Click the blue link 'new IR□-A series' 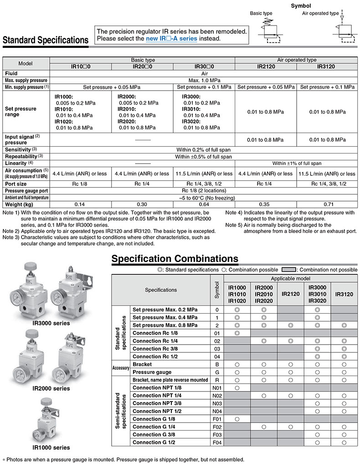click(171, 39)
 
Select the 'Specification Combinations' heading click(175, 259)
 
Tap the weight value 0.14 click(80, 205)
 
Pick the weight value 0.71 click(327, 205)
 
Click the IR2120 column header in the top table click(265, 67)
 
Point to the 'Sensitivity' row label click(18, 150)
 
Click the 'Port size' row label click(17, 184)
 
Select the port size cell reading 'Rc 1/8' click(80, 184)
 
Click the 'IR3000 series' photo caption click(51, 323)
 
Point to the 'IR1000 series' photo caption click(51, 447)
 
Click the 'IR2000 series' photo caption click(51, 388)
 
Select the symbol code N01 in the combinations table click(216, 387)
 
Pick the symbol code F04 click(216, 442)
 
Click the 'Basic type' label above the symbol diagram click(261, 13)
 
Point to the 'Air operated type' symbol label click(321, 13)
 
